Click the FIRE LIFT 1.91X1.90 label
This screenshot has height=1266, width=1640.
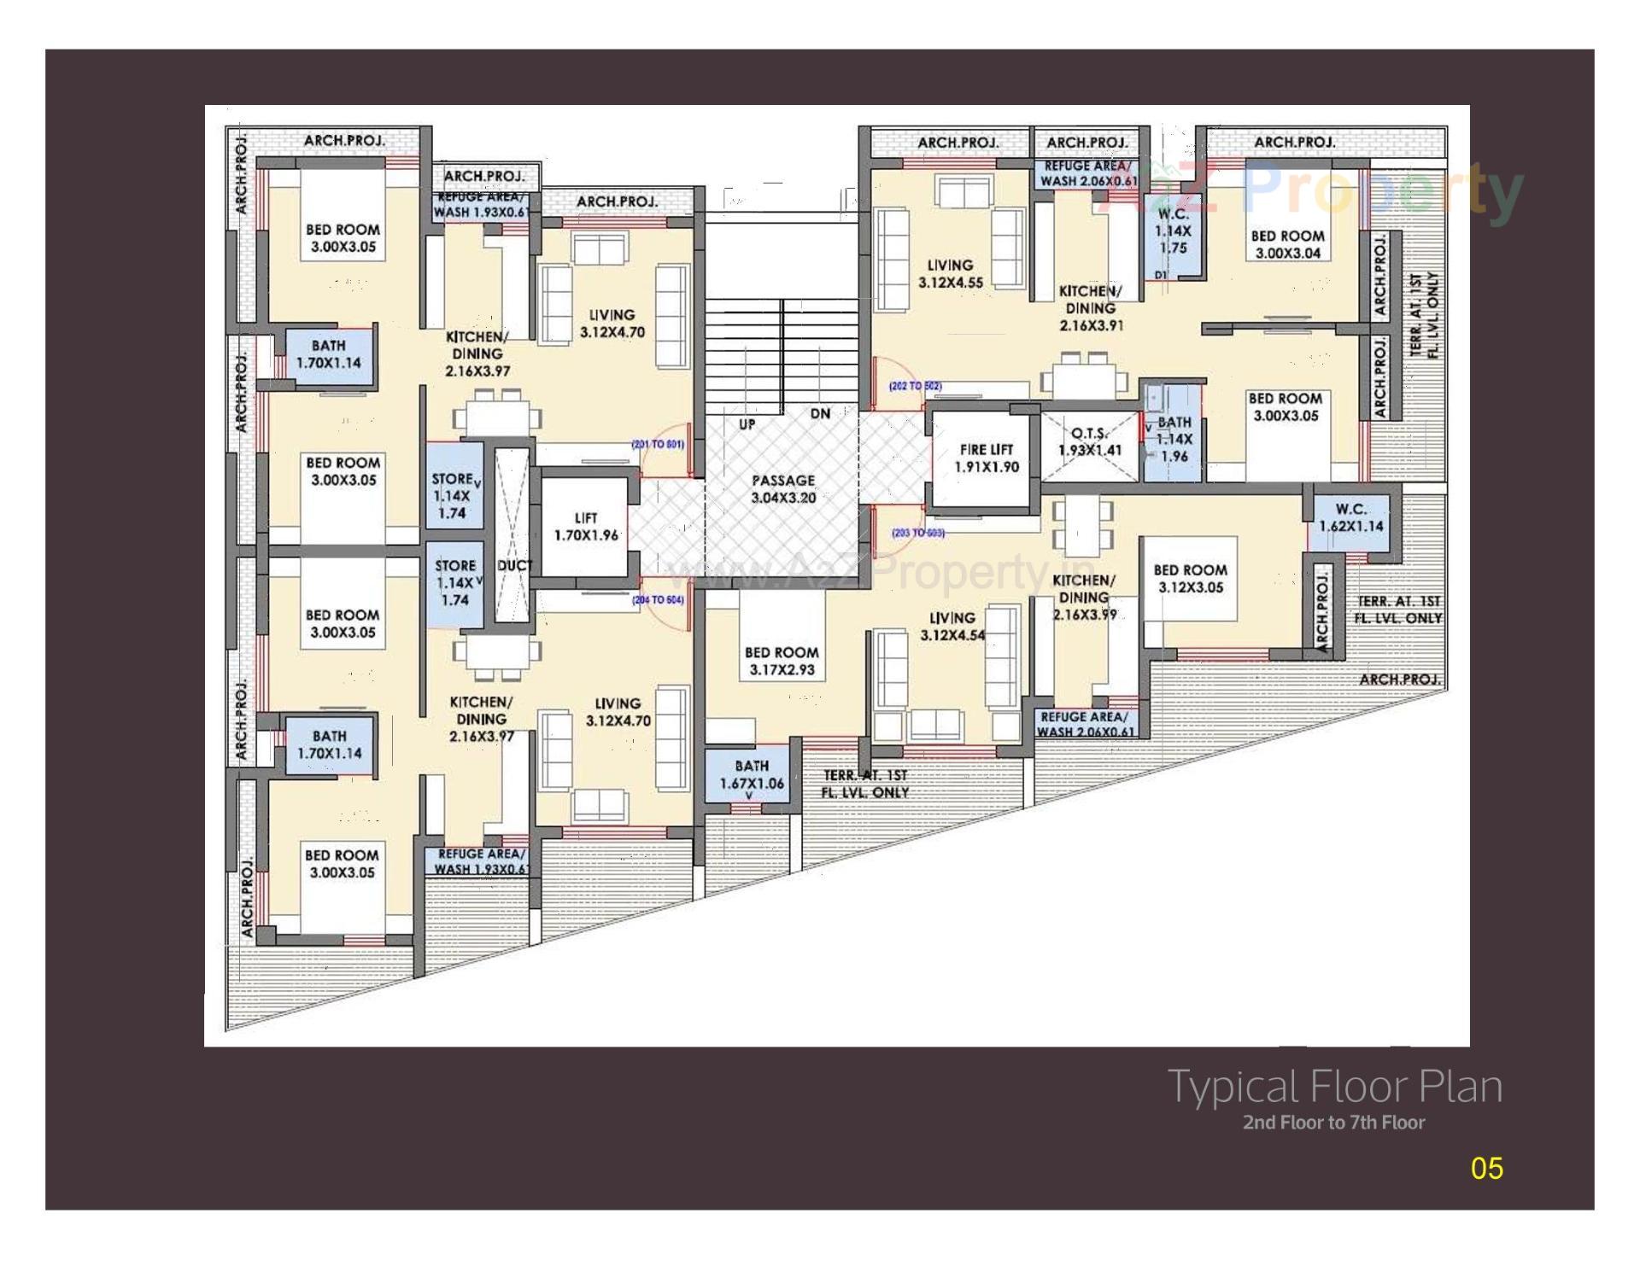[x=986, y=458]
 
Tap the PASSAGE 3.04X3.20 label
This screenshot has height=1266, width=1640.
[x=783, y=489]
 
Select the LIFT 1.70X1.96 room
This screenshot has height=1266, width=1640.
[x=586, y=527]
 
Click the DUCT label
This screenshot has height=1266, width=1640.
[x=514, y=565]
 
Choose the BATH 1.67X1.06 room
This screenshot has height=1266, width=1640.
[x=751, y=774]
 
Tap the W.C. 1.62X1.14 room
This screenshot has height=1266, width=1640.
[x=1350, y=517]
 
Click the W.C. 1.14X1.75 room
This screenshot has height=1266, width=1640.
[x=1173, y=230]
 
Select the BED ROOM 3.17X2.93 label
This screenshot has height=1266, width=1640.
[x=782, y=662]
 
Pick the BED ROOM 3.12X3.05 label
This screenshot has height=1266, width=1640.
[x=1190, y=578]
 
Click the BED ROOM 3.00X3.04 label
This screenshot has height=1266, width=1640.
[x=1287, y=244]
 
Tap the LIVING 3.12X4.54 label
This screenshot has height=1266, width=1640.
[x=952, y=626]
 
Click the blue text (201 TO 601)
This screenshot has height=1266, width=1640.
[x=657, y=444]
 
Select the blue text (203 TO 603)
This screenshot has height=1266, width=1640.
[x=917, y=533]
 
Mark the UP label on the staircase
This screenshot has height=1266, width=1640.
[x=747, y=423]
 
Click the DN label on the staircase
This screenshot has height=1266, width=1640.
[x=820, y=414]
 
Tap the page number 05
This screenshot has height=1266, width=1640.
[x=1486, y=1168]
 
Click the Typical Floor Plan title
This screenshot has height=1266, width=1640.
[x=1334, y=1086]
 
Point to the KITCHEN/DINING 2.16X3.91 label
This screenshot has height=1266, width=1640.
[x=1090, y=308]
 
